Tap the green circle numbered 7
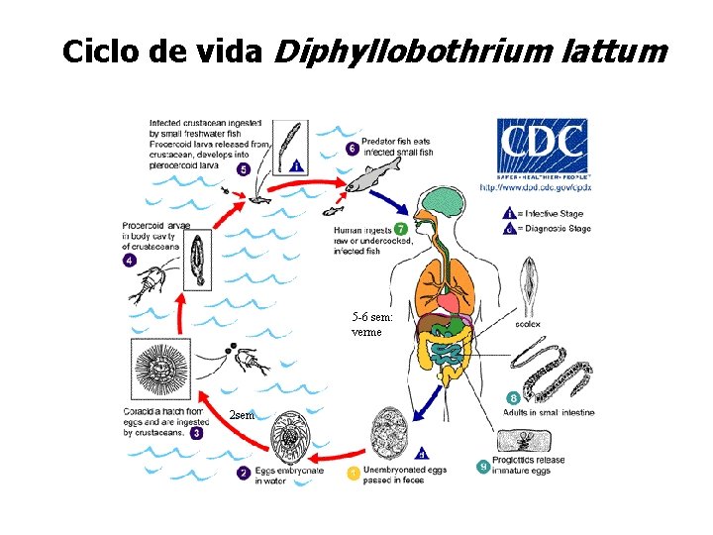click(400, 230)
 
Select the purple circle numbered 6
click(353, 149)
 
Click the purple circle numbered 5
click(244, 169)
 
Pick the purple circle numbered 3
click(198, 432)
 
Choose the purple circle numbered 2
click(244, 473)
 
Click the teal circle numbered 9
click(482, 465)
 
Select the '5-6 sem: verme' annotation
click(372, 324)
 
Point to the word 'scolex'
click(528, 323)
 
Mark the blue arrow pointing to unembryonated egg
click(427, 398)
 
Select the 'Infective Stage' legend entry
click(555, 213)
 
